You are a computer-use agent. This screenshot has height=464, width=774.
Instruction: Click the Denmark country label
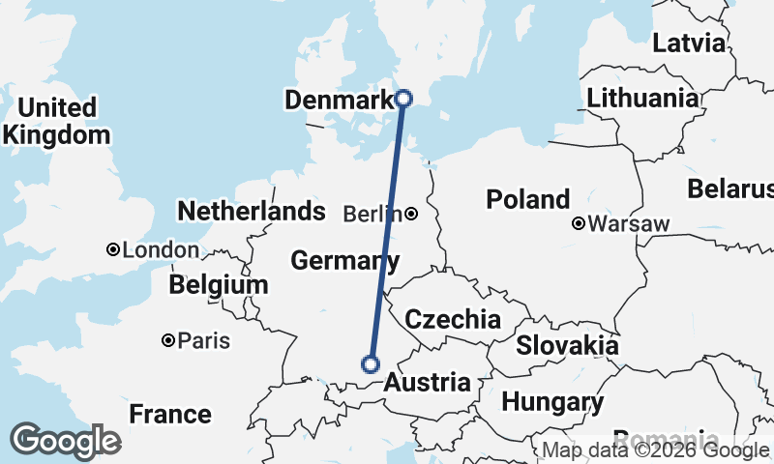coord(340,99)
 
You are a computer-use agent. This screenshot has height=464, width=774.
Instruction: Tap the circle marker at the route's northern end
coord(404,98)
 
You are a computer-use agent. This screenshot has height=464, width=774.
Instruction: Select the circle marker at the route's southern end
coord(370,363)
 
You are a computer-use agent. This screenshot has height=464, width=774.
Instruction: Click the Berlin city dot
coord(411,214)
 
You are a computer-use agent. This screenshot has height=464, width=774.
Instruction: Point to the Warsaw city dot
coord(579,223)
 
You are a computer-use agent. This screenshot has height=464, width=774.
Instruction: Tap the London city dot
coord(113,249)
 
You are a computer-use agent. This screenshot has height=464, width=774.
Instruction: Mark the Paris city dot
coord(168,340)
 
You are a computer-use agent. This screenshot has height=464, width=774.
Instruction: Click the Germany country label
coord(344,261)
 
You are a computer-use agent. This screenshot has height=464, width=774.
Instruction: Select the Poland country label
coord(527,200)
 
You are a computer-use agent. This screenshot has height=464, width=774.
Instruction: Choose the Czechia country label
coord(453,320)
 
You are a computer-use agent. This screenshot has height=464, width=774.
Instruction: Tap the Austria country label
coord(428,383)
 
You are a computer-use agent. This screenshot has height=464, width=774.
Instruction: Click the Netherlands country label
coord(251,211)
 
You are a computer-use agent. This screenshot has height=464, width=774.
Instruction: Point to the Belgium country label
coord(218,285)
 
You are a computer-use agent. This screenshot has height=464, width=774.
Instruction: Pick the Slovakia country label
coord(567,345)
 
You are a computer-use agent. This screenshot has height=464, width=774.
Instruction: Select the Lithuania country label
coord(642,99)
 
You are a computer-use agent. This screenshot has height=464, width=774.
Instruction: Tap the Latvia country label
coord(689,43)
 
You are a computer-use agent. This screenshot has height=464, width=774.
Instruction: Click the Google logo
coord(65,441)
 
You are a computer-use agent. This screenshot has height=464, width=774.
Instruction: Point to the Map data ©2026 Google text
coord(654,450)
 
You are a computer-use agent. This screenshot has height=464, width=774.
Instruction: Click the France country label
coord(170,415)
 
